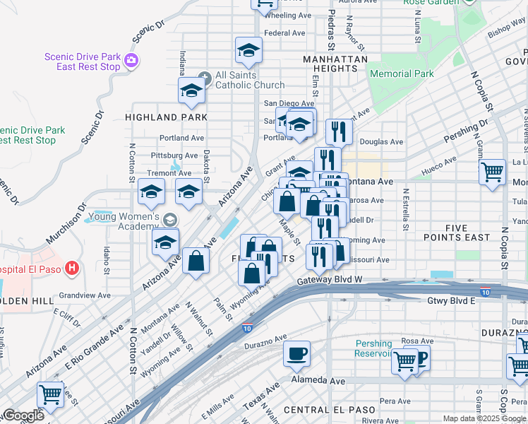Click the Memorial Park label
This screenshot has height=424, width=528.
[411, 73]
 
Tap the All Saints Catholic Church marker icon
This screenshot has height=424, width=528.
[205, 76]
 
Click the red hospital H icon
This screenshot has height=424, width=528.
[71, 269]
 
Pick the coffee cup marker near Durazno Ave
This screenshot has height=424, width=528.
[297, 353]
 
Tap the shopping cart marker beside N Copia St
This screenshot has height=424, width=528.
[492, 172]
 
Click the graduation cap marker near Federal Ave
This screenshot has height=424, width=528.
[248, 50]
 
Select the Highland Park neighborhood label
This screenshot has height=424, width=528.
[167, 117]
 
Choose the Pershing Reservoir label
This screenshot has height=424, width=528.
[383, 348]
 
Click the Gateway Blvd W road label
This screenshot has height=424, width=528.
[329, 281]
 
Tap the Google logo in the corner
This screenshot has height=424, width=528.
[23, 416]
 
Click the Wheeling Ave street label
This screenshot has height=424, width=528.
[287, 15]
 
